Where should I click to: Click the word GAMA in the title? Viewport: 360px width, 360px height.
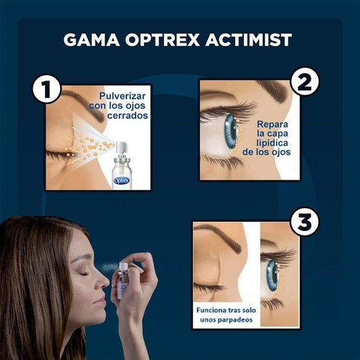tap(91, 40)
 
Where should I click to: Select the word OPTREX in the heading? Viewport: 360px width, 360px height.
tap(162, 40)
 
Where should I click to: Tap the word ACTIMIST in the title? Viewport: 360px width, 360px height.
tap(249, 40)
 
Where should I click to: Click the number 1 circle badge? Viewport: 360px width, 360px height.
tap(47, 89)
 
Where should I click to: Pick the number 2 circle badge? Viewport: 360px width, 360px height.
tap(305, 82)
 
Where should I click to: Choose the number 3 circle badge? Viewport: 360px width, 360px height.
tap(305, 222)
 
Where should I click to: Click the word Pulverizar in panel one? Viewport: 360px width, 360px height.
tap(122, 96)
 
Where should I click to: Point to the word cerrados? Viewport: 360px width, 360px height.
tap(128, 115)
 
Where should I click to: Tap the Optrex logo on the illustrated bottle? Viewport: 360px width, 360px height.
tap(122, 181)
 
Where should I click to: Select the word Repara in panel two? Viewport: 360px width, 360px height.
tap(272, 124)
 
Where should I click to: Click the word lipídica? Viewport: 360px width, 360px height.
tap(272, 143)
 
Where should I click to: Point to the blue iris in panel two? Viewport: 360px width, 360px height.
tap(231, 132)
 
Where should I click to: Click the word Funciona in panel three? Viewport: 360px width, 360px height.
tap(210, 310)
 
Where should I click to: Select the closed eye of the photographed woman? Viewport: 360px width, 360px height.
tap(84, 274)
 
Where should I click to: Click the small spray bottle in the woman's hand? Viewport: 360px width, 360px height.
tap(123, 281)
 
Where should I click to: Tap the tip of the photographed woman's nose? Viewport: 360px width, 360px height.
tap(108, 283)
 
